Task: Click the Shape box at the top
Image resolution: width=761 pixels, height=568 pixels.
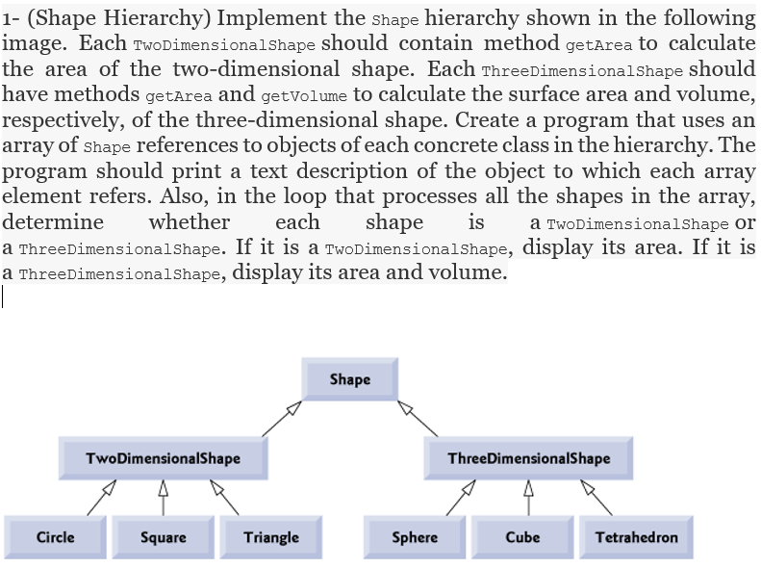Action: pyautogui.click(x=349, y=379)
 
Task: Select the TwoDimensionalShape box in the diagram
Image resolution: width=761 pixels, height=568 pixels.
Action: pyautogui.click(x=163, y=458)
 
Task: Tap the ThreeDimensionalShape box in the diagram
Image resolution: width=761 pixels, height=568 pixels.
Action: pyautogui.click(x=528, y=458)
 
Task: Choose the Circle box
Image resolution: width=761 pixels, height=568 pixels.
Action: pyautogui.click(x=55, y=537)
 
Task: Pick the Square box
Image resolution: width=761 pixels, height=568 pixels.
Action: pyautogui.click(x=163, y=537)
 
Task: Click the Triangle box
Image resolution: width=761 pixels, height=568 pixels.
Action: pyautogui.click(x=270, y=537)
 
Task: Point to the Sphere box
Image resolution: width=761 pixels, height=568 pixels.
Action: pyautogui.click(x=415, y=537)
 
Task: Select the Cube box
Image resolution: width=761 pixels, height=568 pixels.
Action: pyautogui.click(x=522, y=537)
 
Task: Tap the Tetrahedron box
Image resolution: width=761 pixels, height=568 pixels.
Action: pyautogui.click(x=636, y=537)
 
